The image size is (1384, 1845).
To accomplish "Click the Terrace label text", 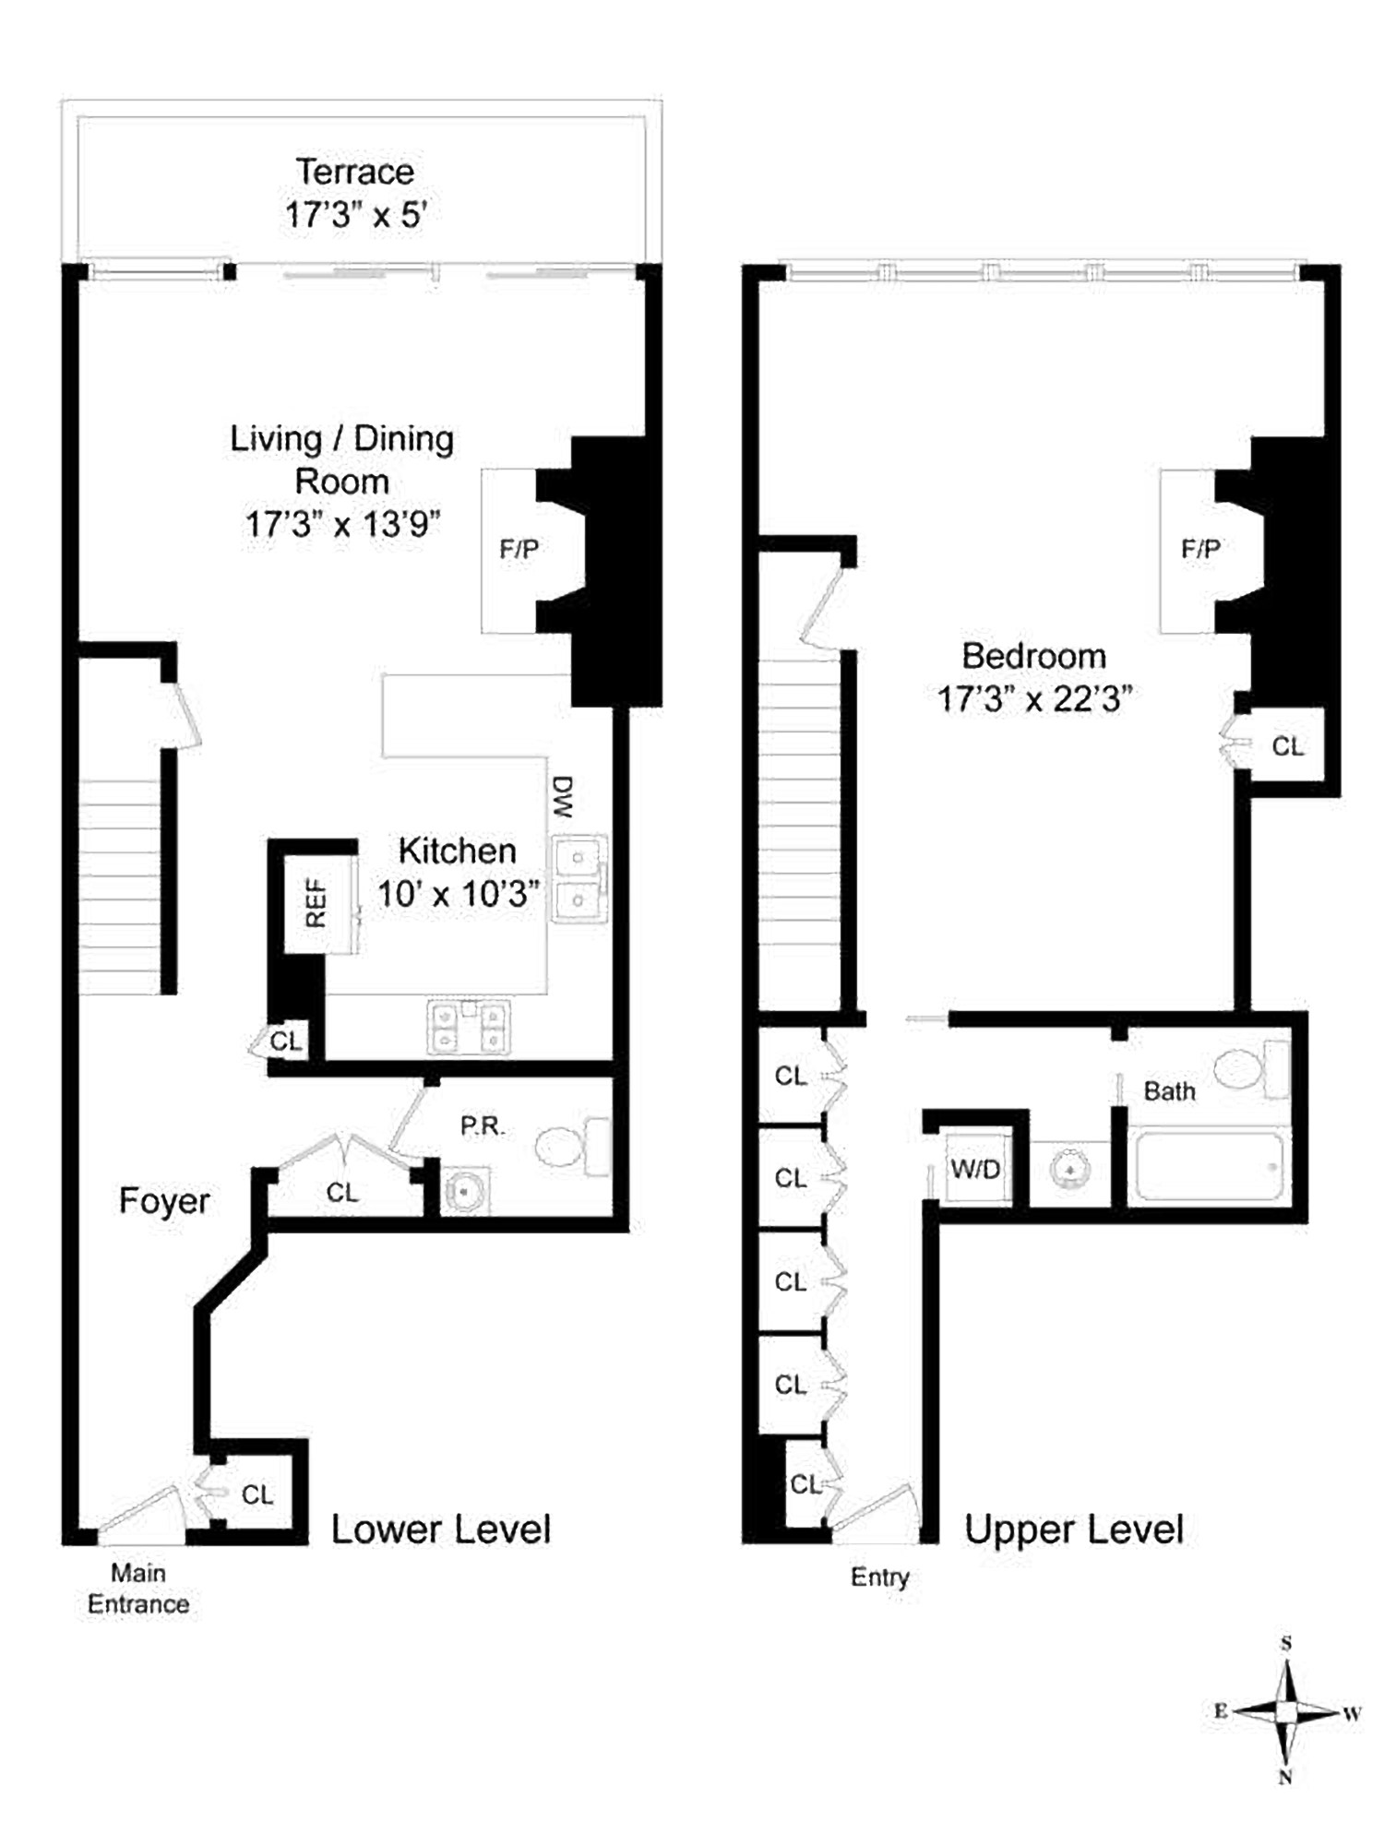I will click(355, 173).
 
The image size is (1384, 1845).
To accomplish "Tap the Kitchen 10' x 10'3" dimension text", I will click(459, 894).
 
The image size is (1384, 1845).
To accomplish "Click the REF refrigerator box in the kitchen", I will click(316, 903).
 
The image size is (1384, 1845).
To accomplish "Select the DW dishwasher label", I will click(563, 796).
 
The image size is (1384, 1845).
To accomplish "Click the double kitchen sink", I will click(579, 878).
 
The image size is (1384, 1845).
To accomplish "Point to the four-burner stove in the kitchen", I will click(469, 1028).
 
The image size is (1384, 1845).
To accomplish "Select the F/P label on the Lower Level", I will click(519, 550).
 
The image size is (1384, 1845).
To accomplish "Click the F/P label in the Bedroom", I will click(1200, 550).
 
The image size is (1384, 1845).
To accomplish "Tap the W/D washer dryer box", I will click(976, 1170).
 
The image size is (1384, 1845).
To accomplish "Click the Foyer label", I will click(164, 1201).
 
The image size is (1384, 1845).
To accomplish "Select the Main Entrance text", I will click(138, 1588).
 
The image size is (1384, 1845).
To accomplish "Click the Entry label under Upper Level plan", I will click(879, 1577).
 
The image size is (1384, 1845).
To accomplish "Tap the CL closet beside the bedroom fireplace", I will click(1287, 746).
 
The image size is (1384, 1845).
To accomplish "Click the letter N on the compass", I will click(1285, 1778).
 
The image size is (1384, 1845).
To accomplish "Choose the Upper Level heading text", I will click(1073, 1530).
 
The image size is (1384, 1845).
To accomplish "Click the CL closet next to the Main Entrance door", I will click(257, 1494).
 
